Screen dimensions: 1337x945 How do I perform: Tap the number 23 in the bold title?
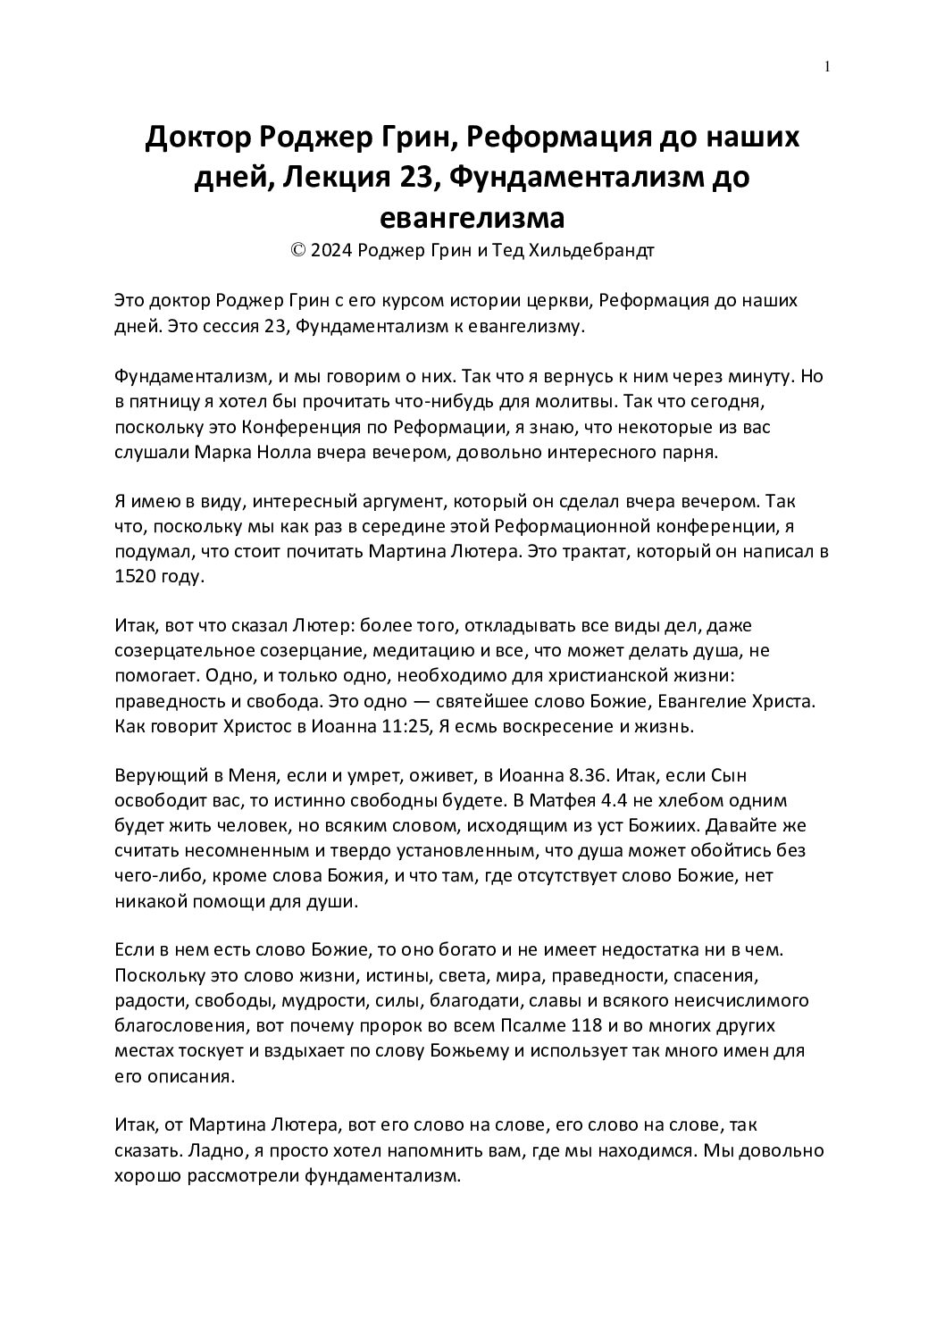pos(414,178)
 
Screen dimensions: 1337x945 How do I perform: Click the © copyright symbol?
pos(298,250)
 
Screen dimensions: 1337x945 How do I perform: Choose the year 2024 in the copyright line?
pos(330,250)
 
